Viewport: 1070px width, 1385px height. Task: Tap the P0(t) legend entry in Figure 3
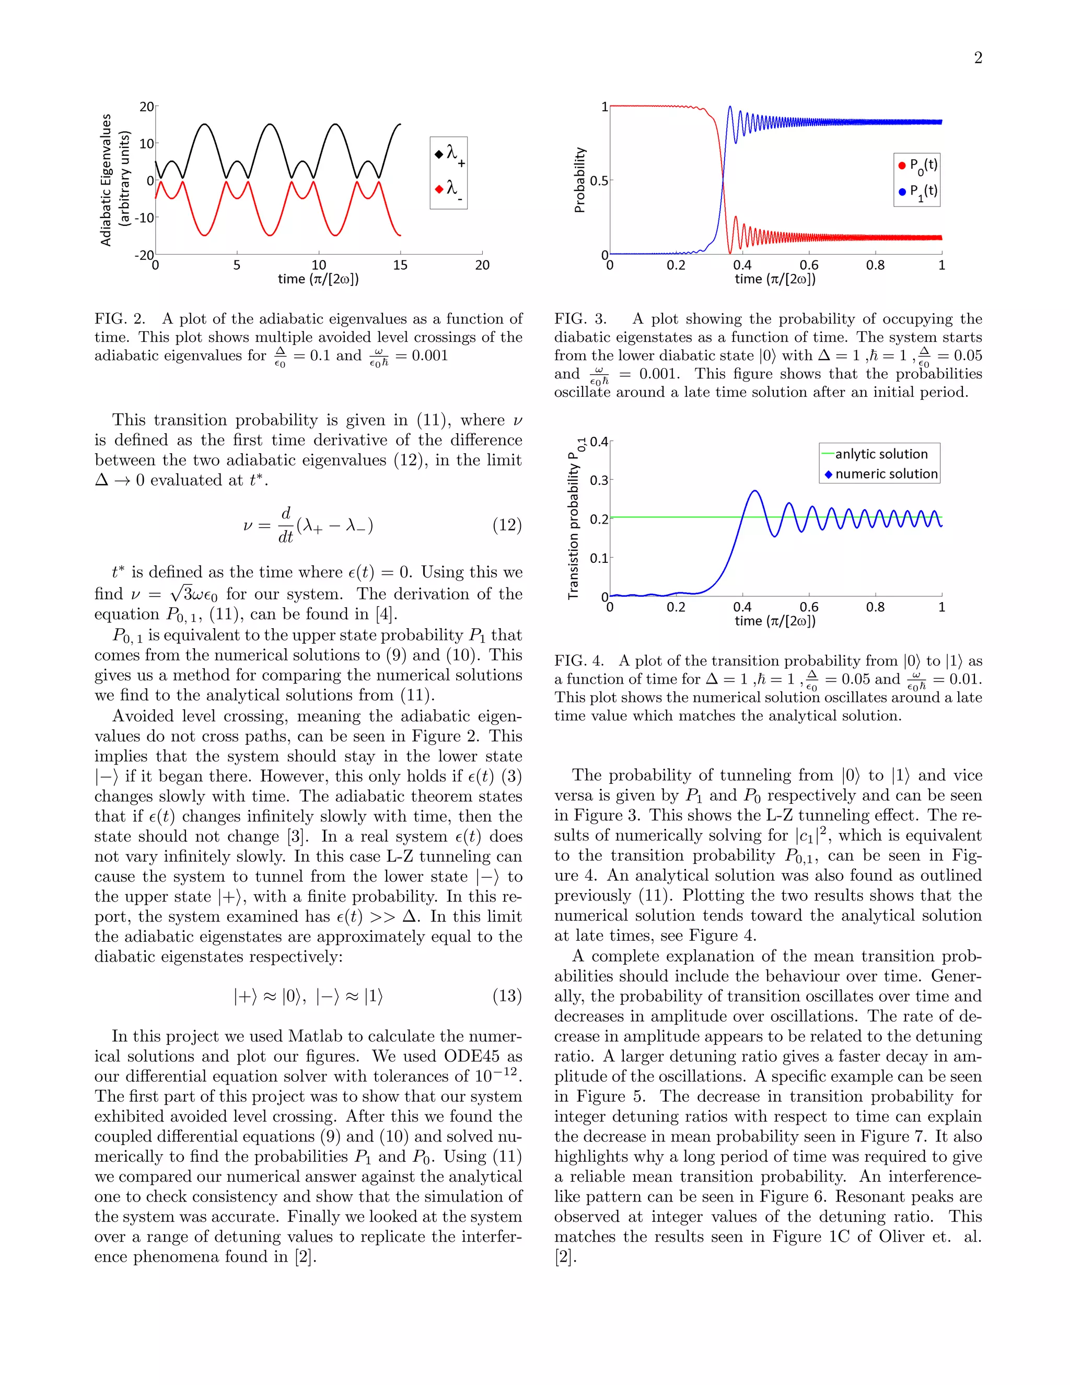pos(917,166)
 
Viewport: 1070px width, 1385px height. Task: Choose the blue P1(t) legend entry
pos(917,191)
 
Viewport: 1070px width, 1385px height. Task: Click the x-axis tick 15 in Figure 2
pos(400,265)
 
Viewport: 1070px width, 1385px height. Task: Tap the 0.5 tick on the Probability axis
pos(598,181)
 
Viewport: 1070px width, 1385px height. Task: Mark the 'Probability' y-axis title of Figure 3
pos(579,180)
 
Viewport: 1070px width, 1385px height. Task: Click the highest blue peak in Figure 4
pos(754,491)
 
